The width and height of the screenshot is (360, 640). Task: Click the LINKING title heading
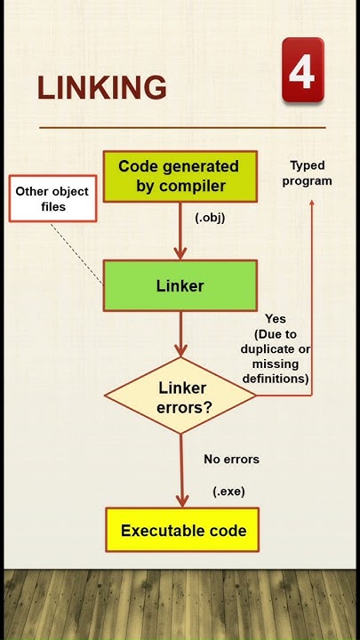click(101, 88)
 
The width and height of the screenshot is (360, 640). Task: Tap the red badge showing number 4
click(302, 70)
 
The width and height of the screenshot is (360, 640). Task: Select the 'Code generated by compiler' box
click(180, 175)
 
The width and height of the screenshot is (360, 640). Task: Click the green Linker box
click(180, 285)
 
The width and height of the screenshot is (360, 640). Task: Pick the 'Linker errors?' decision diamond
click(181, 396)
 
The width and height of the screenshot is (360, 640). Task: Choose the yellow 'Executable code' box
click(182, 532)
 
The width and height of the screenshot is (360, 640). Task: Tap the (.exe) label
click(228, 491)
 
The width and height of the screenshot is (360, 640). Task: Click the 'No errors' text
click(231, 460)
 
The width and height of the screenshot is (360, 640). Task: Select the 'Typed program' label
click(308, 172)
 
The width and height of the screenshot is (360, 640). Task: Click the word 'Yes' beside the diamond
click(275, 318)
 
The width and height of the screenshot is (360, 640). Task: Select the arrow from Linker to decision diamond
click(180, 336)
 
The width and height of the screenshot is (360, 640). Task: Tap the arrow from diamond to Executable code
click(181, 471)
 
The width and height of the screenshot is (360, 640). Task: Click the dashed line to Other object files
click(76, 252)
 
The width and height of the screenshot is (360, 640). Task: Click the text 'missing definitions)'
click(275, 371)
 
